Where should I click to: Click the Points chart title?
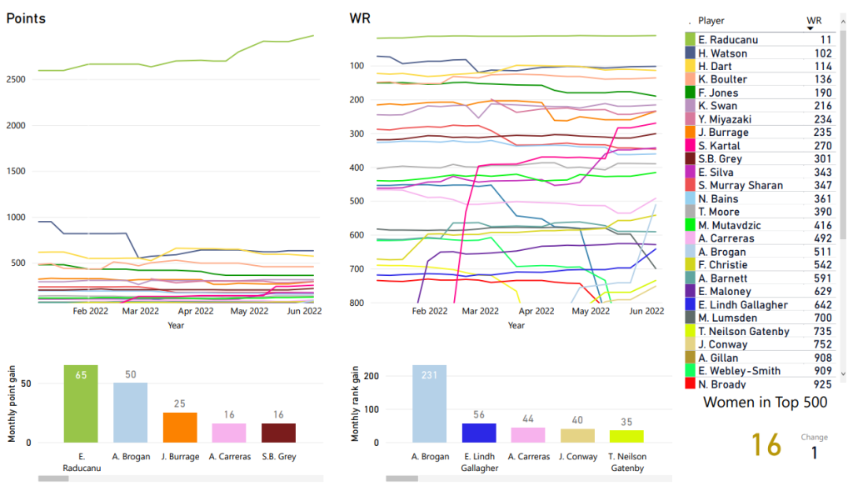click(26, 18)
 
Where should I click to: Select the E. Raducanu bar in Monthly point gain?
click(81, 403)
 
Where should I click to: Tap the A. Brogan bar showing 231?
click(429, 403)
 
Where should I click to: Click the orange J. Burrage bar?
click(180, 427)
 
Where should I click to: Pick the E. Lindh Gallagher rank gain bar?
click(479, 433)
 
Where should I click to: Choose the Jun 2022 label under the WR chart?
click(647, 311)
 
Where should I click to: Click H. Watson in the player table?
click(723, 53)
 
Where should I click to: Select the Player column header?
click(711, 20)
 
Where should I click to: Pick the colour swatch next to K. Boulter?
click(690, 80)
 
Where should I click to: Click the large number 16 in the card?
click(767, 446)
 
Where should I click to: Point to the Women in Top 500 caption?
click(766, 403)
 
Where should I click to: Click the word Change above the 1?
click(814, 437)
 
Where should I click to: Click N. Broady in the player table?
click(721, 384)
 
